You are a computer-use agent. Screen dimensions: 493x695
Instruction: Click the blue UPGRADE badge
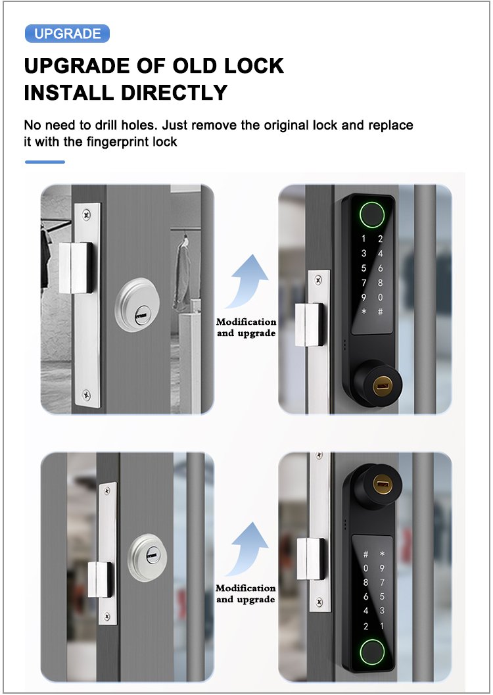[x=67, y=34]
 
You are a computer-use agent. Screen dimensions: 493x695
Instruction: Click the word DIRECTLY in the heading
[x=174, y=93]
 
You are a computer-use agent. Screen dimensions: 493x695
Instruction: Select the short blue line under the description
[x=45, y=162]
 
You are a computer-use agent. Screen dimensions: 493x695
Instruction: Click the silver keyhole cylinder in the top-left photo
[x=137, y=305]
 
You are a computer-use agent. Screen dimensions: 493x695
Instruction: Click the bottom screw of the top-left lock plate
[x=86, y=394]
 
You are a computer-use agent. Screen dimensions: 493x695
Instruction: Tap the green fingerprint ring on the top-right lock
[x=372, y=214]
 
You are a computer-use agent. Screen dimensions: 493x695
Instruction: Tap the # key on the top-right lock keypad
[x=380, y=312]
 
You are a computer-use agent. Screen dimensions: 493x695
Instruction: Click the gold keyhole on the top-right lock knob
[x=381, y=386]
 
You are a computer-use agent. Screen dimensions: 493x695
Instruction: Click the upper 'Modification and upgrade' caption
[x=246, y=327]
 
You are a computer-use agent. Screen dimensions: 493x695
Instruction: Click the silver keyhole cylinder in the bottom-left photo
[x=147, y=558]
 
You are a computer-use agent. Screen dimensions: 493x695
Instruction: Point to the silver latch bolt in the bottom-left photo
[x=99, y=579]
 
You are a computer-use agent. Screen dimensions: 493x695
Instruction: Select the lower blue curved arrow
[x=248, y=549]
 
